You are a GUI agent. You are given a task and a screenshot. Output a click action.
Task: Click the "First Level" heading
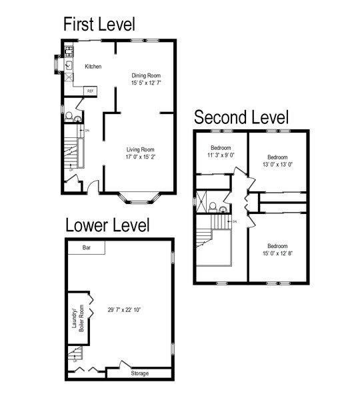tap(99, 24)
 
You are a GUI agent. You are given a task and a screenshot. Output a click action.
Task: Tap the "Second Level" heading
tap(241, 117)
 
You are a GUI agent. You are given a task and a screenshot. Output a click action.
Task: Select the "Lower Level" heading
tap(107, 225)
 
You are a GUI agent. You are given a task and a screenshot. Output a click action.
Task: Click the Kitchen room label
tap(93, 66)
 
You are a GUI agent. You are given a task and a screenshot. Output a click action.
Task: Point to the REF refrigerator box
tap(90, 91)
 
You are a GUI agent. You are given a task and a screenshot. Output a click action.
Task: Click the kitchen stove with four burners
tap(69, 51)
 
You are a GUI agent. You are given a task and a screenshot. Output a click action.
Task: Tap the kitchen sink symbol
tap(69, 65)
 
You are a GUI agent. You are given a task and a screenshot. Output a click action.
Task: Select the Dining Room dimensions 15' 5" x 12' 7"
tap(146, 83)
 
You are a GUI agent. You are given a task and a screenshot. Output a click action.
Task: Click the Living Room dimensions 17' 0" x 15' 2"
tap(141, 157)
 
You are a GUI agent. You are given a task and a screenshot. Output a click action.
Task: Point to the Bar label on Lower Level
tap(87, 247)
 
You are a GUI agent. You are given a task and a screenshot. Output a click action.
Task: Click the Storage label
tap(140, 373)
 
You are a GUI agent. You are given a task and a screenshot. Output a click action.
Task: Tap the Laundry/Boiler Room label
tap(78, 318)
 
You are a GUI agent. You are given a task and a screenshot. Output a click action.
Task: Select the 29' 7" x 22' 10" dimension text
tap(124, 310)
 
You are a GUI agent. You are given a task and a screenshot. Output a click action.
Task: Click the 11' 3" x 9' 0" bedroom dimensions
tap(221, 155)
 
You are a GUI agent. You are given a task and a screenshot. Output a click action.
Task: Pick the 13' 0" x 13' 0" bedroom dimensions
tap(277, 164)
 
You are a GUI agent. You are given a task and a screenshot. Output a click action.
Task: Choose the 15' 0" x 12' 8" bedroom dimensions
tap(277, 253)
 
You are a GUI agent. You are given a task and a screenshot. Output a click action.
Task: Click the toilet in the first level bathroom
tap(69, 117)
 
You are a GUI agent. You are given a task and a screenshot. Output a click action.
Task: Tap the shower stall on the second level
tap(201, 201)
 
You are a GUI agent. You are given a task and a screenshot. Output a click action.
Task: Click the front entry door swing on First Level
tap(93, 185)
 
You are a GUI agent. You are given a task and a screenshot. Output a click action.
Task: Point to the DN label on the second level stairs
tap(235, 221)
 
